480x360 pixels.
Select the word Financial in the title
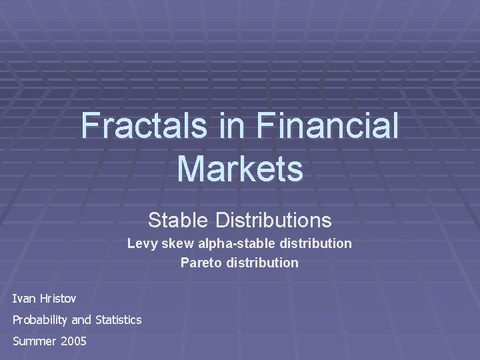(x=327, y=125)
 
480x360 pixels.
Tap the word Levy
(x=141, y=244)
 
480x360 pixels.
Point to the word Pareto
(x=199, y=263)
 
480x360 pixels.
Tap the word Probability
(x=40, y=320)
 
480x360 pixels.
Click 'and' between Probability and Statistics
(x=81, y=320)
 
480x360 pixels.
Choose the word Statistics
(x=118, y=320)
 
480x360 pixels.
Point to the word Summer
(x=34, y=341)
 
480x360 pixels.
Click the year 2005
(x=73, y=341)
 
